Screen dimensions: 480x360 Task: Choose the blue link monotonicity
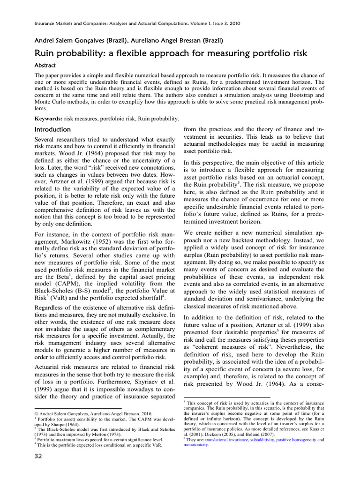[195, 445]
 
